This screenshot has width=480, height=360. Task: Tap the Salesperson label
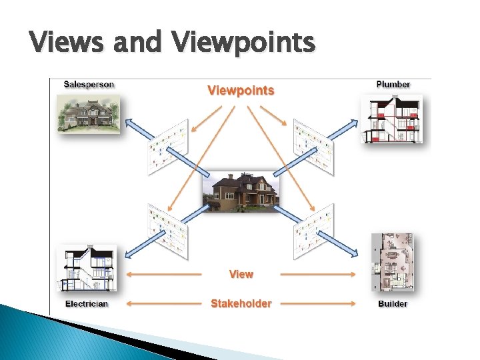[89, 85]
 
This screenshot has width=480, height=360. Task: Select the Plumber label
[393, 85]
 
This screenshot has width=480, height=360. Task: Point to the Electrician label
[87, 304]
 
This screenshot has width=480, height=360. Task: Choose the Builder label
[393, 304]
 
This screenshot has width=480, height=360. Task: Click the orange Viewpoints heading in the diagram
[241, 90]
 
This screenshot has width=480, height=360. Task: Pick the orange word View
[241, 274]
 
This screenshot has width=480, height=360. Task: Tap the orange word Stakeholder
[241, 303]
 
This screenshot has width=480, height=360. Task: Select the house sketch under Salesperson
[89, 113]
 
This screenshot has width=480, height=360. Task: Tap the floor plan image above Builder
[392, 263]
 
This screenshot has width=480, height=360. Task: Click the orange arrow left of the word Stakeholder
[163, 304]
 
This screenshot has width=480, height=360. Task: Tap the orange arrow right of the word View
[317, 274]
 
